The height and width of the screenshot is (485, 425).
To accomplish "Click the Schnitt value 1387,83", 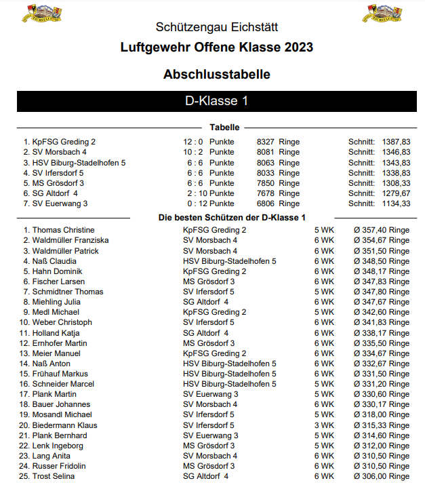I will [x=396, y=142].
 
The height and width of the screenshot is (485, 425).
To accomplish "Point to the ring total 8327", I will [x=265, y=142].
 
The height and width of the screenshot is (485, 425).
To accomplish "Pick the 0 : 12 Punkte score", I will [x=208, y=203].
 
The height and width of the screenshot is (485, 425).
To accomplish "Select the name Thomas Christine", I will [x=63, y=230].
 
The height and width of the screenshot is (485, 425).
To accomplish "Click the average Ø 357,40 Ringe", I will [x=381, y=230].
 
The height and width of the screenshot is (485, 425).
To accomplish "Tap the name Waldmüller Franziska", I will [x=70, y=240].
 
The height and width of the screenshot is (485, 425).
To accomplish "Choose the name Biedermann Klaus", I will [x=64, y=425].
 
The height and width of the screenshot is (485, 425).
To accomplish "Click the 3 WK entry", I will [x=324, y=425].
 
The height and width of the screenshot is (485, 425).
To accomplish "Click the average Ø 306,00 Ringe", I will [x=381, y=476].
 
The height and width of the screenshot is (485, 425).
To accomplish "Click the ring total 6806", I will [x=265, y=203].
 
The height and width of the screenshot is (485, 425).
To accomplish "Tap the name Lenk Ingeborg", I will [x=58, y=446].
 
